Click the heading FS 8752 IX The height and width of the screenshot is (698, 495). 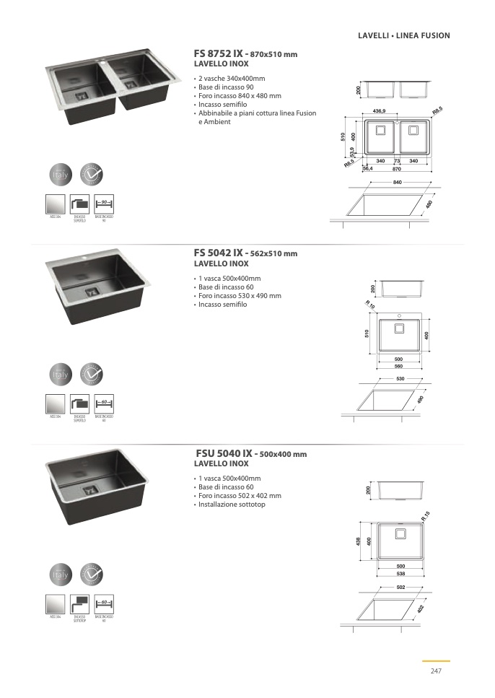coord(219,53)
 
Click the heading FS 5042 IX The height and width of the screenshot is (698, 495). coord(219,253)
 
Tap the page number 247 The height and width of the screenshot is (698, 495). coord(435,671)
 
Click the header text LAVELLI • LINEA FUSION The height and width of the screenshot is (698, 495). coord(403,35)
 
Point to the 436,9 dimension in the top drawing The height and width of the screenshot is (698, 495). coord(380,110)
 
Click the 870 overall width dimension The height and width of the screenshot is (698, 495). coord(397,168)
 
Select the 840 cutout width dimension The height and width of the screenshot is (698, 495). coord(397,183)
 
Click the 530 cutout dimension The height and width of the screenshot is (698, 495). coord(399,378)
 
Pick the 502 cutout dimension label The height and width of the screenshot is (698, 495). coord(399,588)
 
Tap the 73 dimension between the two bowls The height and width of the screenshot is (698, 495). coord(397,160)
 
